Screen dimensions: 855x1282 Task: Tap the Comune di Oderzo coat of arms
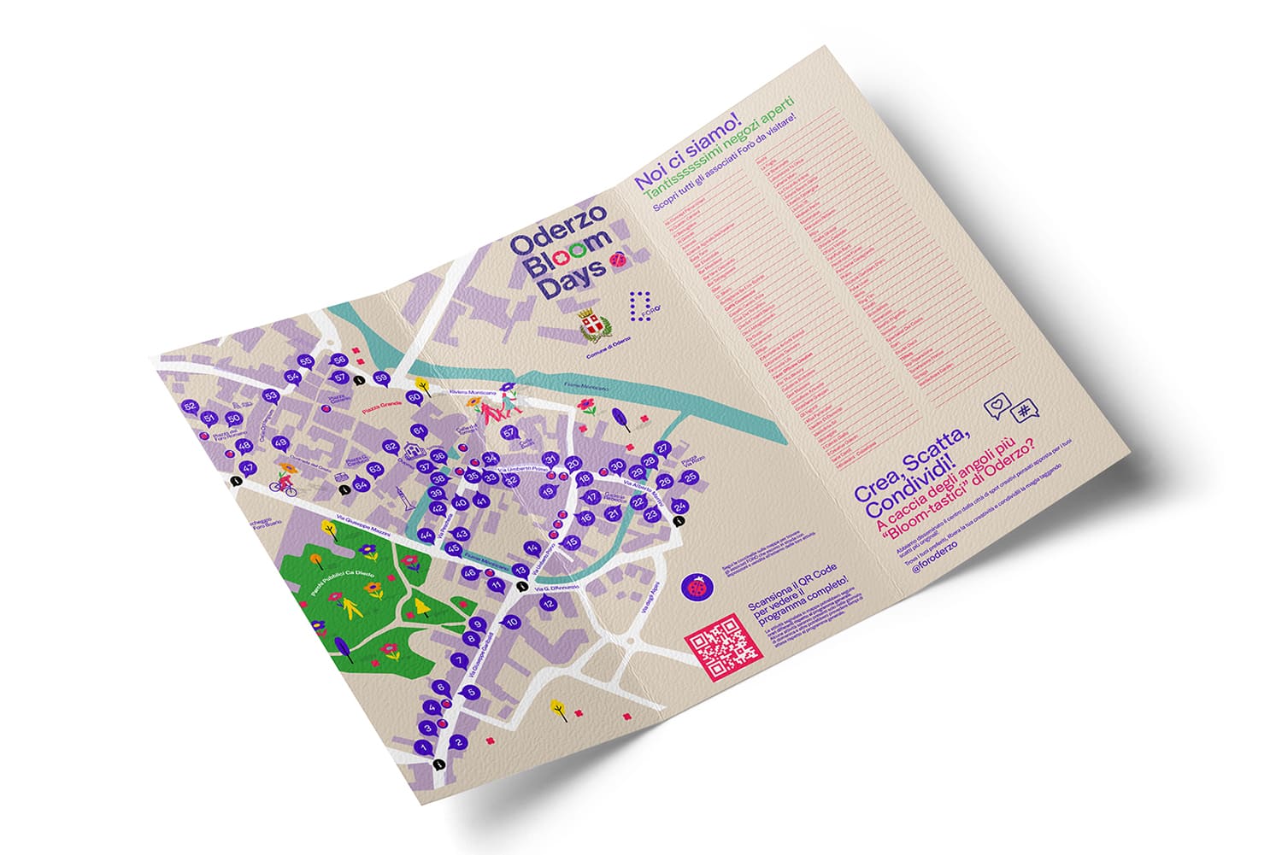click(591, 325)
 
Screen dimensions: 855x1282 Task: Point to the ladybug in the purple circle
click(698, 588)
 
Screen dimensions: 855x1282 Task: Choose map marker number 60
click(415, 396)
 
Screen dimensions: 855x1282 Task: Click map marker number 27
click(662, 448)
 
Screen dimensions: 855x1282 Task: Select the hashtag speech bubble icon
click(1022, 412)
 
